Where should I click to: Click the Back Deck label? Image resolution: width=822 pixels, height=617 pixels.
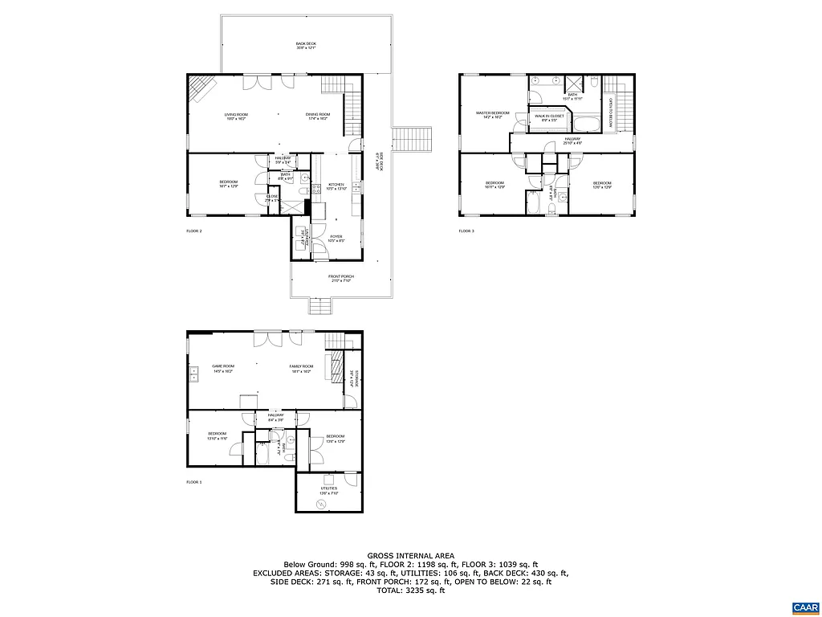[x=305, y=46]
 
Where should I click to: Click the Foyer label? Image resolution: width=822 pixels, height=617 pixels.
[x=336, y=239]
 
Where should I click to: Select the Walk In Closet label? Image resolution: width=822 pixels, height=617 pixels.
[x=549, y=117]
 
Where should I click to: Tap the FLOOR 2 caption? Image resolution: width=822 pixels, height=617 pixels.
[x=194, y=231]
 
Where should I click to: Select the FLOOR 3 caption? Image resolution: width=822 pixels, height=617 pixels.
[x=466, y=231]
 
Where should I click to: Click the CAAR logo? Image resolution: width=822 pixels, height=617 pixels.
[x=804, y=606]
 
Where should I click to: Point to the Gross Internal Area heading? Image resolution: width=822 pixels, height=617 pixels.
[x=411, y=555]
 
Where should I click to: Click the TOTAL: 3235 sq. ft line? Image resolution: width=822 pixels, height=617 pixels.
[x=411, y=590]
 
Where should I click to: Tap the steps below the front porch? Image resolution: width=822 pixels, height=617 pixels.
[x=319, y=306]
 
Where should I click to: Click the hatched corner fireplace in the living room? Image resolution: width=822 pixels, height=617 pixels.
[x=200, y=88]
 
